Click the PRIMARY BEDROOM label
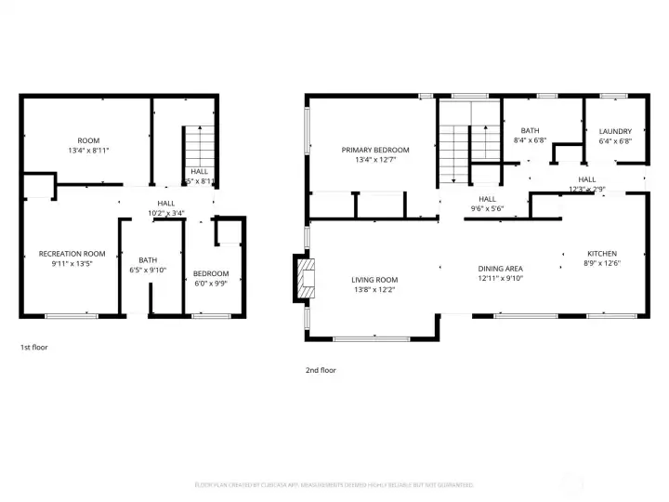[x=374, y=150]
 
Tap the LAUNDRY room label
[x=615, y=131]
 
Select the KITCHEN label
[x=601, y=254]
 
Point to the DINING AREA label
[x=501, y=268]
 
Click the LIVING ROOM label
[x=374, y=280]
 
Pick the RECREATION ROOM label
[x=72, y=254]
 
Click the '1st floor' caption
[x=33, y=348]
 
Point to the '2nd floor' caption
[x=321, y=370]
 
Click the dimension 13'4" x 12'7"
[x=374, y=160]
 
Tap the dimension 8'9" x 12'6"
[x=601, y=264]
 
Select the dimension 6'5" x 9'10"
[x=149, y=271]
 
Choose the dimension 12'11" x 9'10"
[x=501, y=278]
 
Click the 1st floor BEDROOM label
[x=211, y=273]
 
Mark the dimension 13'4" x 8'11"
[x=88, y=150]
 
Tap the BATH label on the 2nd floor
[x=530, y=131]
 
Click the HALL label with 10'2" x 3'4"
[x=166, y=203]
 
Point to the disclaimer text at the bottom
[x=334, y=484]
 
